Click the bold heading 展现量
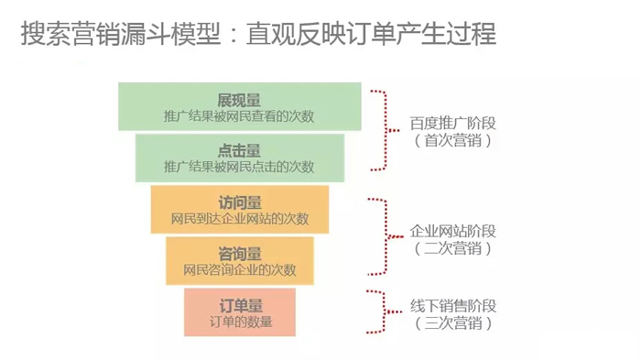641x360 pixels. click(x=239, y=99)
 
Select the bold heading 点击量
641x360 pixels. click(x=239, y=150)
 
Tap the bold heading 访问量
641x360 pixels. click(x=240, y=202)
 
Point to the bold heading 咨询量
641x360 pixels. click(x=240, y=253)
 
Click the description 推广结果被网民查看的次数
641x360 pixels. click(x=239, y=116)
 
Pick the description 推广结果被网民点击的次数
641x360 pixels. click(x=239, y=167)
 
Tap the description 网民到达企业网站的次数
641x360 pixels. click(x=240, y=219)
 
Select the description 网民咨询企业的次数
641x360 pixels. click(x=240, y=269)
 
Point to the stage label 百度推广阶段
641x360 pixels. click(x=453, y=123)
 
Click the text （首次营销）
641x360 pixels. click(x=453, y=141)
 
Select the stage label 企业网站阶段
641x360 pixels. click(x=453, y=230)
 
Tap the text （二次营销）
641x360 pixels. click(x=453, y=248)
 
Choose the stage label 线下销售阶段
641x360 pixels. click(x=453, y=306)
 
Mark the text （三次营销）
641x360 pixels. click(x=453, y=323)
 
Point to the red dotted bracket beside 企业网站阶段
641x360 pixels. click(x=386, y=235)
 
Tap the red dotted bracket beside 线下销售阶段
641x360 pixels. click(x=384, y=311)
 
